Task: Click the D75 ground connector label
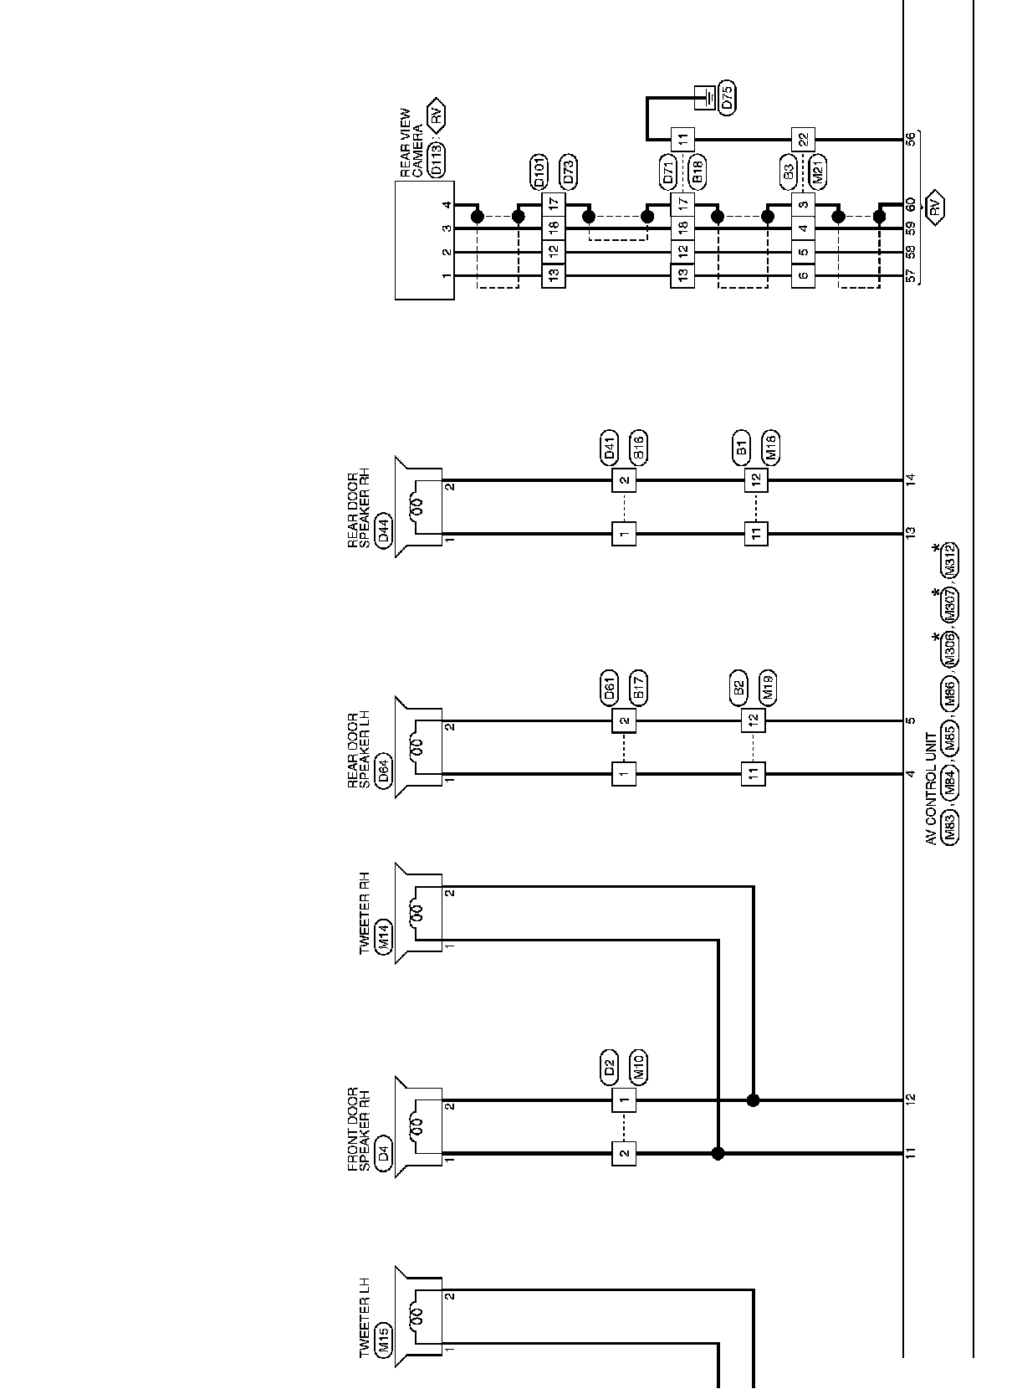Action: point(726,98)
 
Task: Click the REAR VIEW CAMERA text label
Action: point(411,143)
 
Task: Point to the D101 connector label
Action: point(539,172)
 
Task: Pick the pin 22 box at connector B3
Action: point(803,139)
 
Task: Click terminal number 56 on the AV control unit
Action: point(911,139)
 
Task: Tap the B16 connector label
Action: point(638,448)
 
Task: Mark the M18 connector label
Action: point(770,448)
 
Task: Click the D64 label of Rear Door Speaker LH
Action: point(384,772)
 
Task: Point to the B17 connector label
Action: point(638,688)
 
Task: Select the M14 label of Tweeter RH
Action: point(384,936)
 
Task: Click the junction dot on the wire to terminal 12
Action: point(753,1099)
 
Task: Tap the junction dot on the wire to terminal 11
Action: point(718,1153)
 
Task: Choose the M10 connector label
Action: point(638,1067)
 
